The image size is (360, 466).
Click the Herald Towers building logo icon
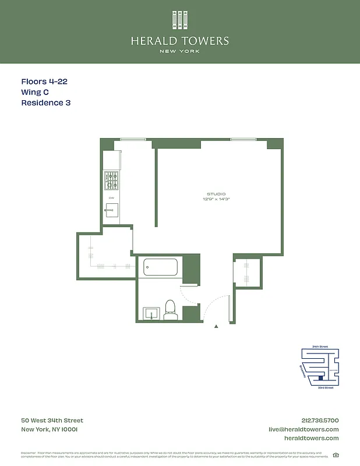point(179,20)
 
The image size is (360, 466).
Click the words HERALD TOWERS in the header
point(179,41)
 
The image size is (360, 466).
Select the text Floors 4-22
point(44,82)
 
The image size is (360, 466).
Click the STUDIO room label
point(216,194)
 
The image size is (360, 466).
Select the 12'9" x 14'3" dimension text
point(216,199)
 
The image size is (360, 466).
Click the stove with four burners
point(111,181)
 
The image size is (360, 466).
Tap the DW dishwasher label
point(111,198)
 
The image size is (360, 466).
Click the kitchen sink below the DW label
point(112,210)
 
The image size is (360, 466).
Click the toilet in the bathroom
point(171,309)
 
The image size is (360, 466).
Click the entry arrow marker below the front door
point(217,327)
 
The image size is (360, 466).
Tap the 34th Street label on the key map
point(320,347)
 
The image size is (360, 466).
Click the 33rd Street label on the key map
point(325,387)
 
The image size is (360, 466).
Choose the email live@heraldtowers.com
point(303,429)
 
